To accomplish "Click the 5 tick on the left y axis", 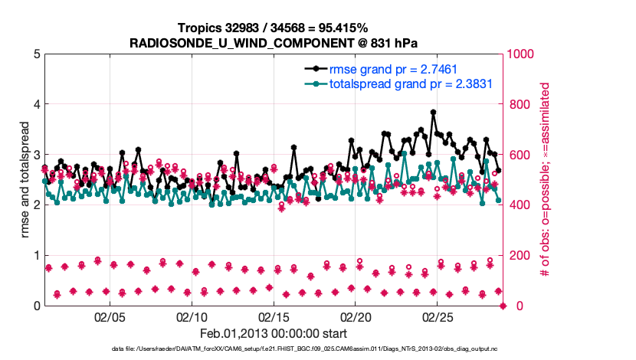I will [x=36, y=54].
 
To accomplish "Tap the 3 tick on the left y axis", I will [x=36, y=155].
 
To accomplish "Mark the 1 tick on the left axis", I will [x=36, y=255].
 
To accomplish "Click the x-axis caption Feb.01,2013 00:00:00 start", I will [x=274, y=334].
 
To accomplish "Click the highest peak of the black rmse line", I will [x=434, y=112].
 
